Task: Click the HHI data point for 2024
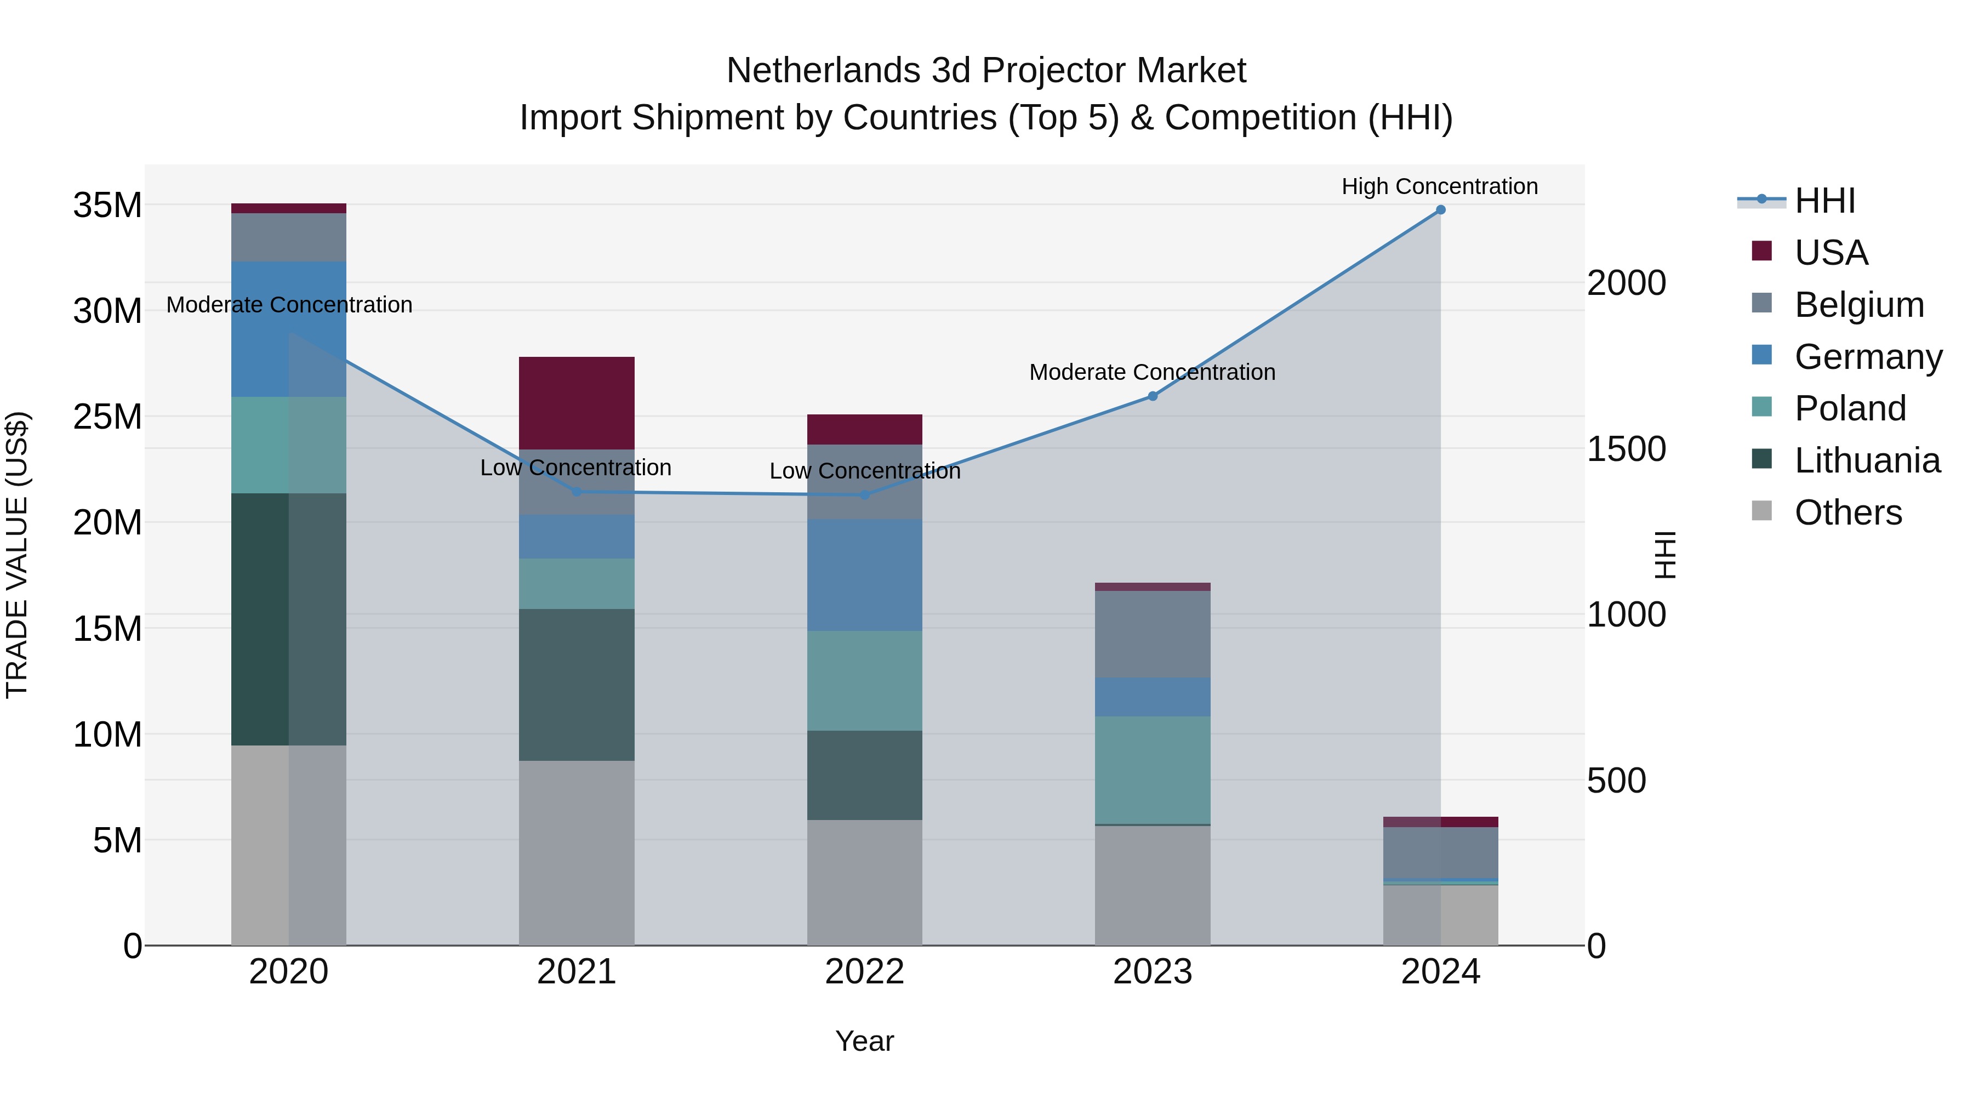tap(1440, 210)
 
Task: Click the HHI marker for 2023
tap(1152, 396)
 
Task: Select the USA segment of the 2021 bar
tap(576, 403)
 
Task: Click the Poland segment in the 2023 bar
tap(1152, 770)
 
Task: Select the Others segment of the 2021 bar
tap(576, 852)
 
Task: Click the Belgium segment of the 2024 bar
tap(1440, 852)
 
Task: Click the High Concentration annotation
tap(1439, 186)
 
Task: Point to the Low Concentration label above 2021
tap(575, 467)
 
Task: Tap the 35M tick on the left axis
tap(107, 206)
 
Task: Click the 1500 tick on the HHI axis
tap(1626, 449)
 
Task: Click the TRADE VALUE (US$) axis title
tap(17, 555)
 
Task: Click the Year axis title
tap(864, 1041)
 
